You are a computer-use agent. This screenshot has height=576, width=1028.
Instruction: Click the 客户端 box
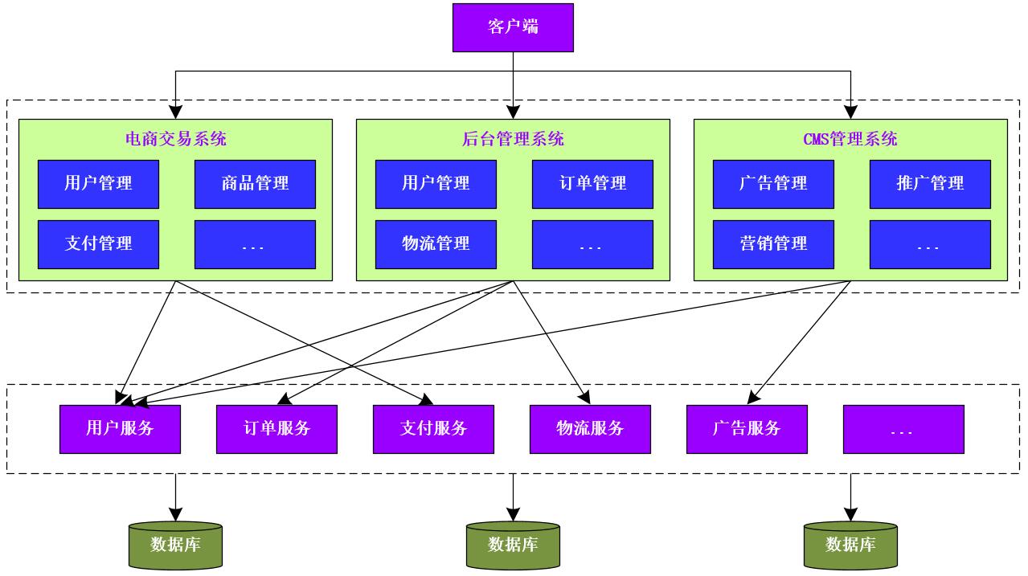pos(513,27)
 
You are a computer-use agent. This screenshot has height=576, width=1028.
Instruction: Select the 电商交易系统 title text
pos(175,139)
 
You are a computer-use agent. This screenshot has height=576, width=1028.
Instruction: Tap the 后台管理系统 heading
pos(513,139)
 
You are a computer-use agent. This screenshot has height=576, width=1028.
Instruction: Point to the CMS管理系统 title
pos(850,139)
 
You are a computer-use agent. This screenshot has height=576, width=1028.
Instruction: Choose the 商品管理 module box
pos(255,184)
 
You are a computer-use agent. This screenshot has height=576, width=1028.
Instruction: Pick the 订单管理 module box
pos(592,184)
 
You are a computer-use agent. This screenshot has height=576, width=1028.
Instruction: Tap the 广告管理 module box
pos(773,184)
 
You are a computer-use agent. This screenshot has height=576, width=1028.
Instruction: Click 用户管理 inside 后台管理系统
pos(436,184)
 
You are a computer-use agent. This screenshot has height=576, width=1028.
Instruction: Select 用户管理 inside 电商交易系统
pos(98,184)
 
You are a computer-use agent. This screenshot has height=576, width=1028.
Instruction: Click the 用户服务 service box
pos(120,429)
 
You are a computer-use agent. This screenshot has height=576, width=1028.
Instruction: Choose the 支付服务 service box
pos(433,429)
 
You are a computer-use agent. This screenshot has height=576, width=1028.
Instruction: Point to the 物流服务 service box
pos(590,429)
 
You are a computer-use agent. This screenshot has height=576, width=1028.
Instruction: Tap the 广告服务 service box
pos(747,429)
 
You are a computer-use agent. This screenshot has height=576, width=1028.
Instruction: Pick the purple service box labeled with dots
pos(903,429)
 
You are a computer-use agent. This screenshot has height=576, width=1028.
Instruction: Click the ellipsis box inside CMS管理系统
pos(930,244)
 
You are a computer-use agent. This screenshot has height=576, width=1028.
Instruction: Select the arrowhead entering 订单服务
pos(283,399)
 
